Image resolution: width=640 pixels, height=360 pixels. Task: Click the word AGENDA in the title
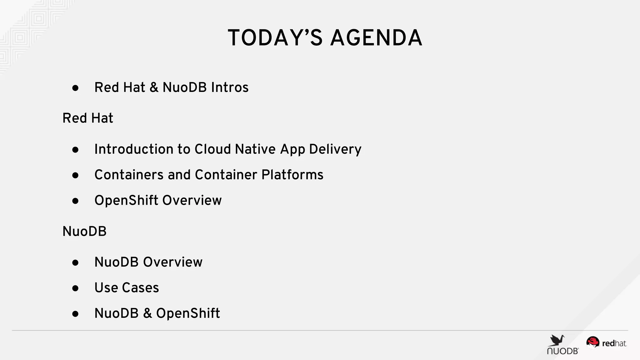(x=376, y=38)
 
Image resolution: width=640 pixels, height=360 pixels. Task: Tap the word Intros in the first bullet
(x=230, y=87)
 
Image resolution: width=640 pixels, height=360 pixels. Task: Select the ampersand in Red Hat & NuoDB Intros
(x=154, y=87)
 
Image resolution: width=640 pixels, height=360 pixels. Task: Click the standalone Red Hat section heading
(x=88, y=118)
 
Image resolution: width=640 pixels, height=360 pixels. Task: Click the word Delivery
(x=335, y=149)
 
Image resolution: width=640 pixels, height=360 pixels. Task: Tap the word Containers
(x=129, y=175)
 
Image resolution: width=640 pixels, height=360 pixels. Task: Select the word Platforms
(x=292, y=175)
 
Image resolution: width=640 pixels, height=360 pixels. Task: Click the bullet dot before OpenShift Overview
(x=75, y=201)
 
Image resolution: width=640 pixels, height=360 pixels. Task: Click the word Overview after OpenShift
(x=192, y=200)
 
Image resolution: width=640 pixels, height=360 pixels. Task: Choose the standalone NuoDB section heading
(x=84, y=232)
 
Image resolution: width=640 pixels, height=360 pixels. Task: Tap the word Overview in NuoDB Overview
(x=172, y=262)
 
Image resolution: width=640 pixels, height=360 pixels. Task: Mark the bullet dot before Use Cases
(x=75, y=288)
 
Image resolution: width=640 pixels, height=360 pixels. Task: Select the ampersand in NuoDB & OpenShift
(x=147, y=313)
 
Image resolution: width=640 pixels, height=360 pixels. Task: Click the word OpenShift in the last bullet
(x=188, y=313)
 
